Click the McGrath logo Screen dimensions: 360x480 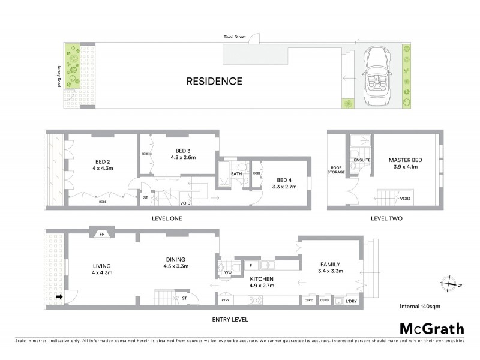tap(431, 328)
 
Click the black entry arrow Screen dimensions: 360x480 tap(59, 296)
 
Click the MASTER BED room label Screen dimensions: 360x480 tap(406, 160)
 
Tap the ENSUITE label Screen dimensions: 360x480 tap(362, 160)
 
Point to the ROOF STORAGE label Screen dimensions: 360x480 tap(336, 170)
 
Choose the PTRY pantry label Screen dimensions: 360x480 tap(226, 299)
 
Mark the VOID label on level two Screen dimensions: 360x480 tap(405, 198)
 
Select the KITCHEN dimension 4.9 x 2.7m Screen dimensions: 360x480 tap(262, 286)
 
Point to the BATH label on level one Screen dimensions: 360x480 tap(236, 174)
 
